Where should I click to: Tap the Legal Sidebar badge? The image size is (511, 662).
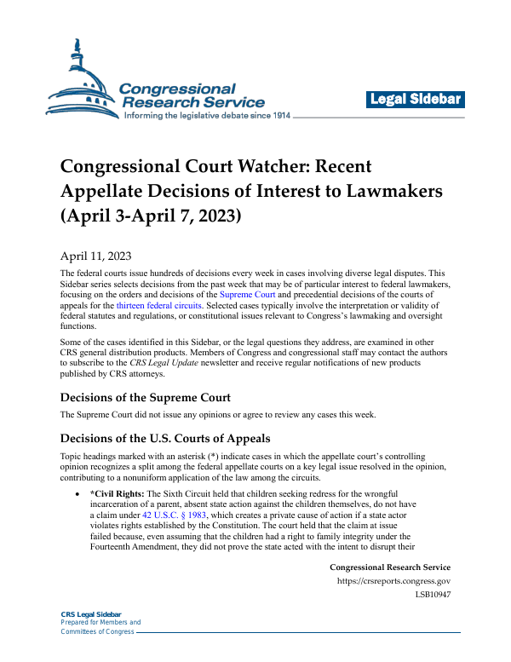416,100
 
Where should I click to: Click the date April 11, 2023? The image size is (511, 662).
95,255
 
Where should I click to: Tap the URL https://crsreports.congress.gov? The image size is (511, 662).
393,583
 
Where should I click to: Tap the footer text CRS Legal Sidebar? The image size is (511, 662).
91,614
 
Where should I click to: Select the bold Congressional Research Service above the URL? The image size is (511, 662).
389,567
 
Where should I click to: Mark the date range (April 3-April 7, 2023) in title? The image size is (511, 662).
151,216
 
